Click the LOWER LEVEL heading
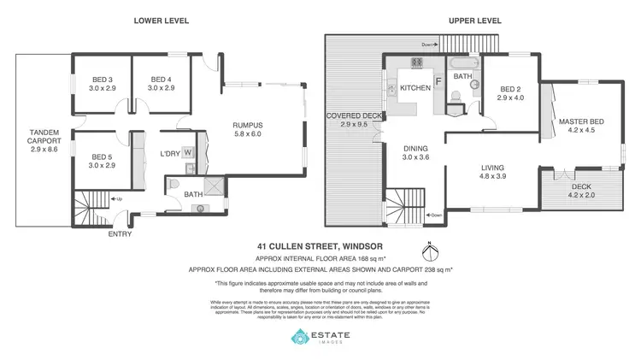click(x=162, y=21)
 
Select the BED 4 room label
click(x=161, y=80)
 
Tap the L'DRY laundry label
click(x=172, y=154)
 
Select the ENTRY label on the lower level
click(x=120, y=233)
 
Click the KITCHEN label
click(x=415, y=88)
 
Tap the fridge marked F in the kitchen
click(x=438, y=82)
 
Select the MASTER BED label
click(x=582, y=121)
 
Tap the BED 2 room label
click(x=509, y=88)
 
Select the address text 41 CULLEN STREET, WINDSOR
click(x=320, y=246)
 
